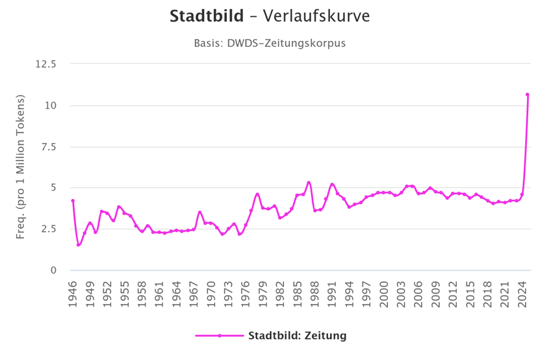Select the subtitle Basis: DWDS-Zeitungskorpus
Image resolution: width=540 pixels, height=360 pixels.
pyautogui.click(x=269, y=44)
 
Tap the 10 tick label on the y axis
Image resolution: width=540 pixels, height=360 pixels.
pyautogui.click(x=51, y=105)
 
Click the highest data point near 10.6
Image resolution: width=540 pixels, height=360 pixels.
pyautogui.click(x=527, y=95)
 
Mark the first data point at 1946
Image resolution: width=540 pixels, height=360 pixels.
pyautogui.click(x=73, y=201)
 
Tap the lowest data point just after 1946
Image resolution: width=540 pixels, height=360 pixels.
pyautogui.click(x=79, y=245)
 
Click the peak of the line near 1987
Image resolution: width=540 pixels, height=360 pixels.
pyautogui.click(x=309, y=183)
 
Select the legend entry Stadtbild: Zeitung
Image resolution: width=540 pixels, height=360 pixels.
pyautogui.click(x=297, y=336)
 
